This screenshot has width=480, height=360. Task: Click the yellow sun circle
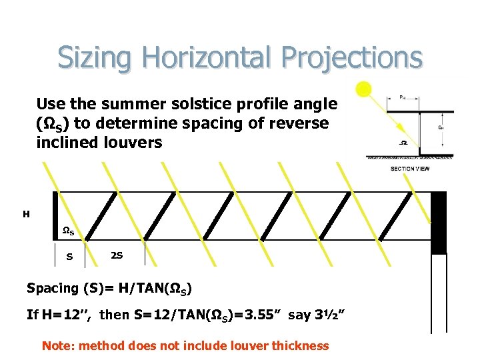(x=363, y=89)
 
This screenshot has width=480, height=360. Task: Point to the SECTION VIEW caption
(x=410, y=168)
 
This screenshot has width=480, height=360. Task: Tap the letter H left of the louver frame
(x=26, y=214)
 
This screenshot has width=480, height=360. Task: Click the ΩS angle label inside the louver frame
(x=68, y=231)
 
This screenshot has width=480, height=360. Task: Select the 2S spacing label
(x=116, y=255)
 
